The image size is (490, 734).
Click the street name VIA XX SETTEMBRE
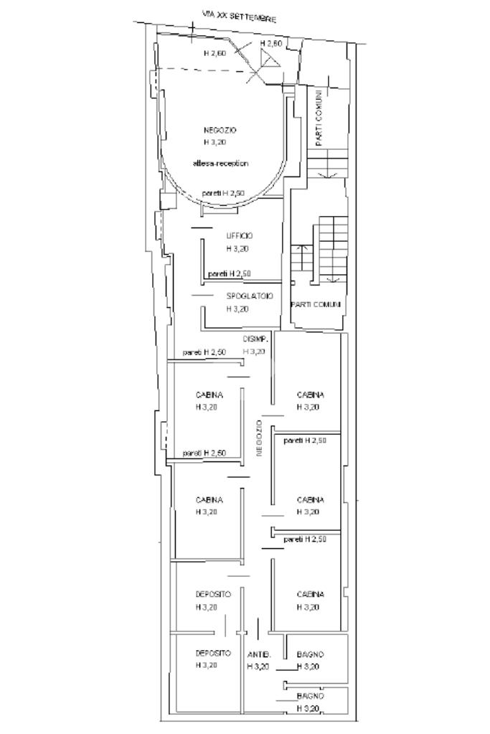[239, 17]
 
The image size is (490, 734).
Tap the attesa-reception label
[220, 164]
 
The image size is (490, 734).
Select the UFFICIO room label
[240, 236]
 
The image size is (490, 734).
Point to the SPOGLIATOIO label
[250, 296]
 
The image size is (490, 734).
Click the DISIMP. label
[255, 339]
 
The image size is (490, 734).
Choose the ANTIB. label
[259, 654]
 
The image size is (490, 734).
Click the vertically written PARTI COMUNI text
[319, 118]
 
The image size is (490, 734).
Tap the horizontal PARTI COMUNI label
[316, 304]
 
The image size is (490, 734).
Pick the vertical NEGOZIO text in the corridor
[259, 438]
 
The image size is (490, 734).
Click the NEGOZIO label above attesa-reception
[220, 130]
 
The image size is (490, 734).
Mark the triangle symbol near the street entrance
[270, 59]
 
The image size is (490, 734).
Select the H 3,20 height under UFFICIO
[237, 249]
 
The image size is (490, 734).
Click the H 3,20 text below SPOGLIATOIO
[237, 309]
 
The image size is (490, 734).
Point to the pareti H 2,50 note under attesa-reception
[223, 193]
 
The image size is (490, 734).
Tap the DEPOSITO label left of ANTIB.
[213, 653]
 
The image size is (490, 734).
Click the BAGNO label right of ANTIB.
[310, 654]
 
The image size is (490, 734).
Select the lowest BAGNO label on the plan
[310, 697]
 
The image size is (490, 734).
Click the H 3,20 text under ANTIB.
[258, 667]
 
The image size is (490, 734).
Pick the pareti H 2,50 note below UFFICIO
[229, 274]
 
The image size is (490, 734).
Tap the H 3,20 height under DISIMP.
[254, 351]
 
